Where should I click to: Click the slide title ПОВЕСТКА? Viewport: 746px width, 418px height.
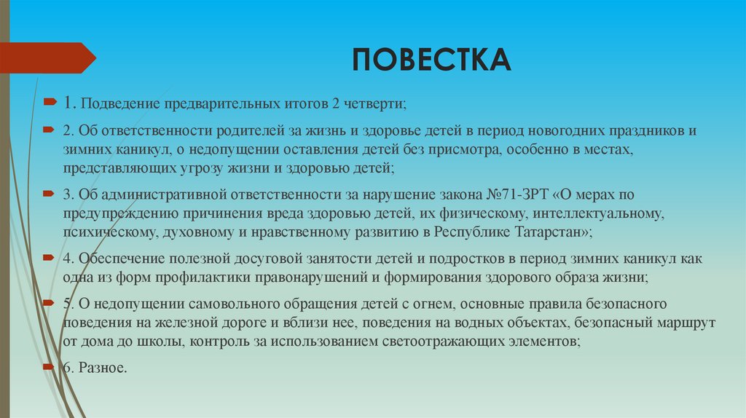point(432,60)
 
